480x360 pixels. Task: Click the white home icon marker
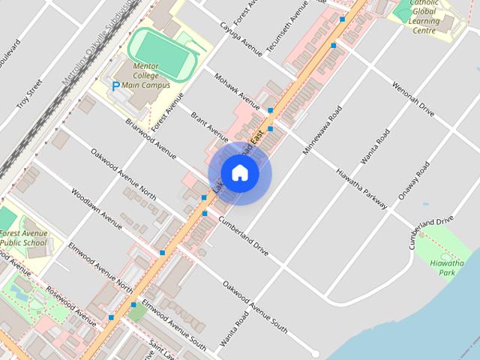click(x=239, y=173)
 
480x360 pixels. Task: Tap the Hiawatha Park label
click(x=448, y=268)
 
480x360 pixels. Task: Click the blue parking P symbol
click(x=115, y=87)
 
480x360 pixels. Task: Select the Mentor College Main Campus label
click(x=151, y=76)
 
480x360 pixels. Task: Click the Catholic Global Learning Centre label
click(x=424, y=16)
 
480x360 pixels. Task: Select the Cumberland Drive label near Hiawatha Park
click(x=431, y=233)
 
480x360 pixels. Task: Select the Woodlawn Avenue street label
click(x=97, y=208)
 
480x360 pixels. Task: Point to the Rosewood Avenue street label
click(x=71, y=306)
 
